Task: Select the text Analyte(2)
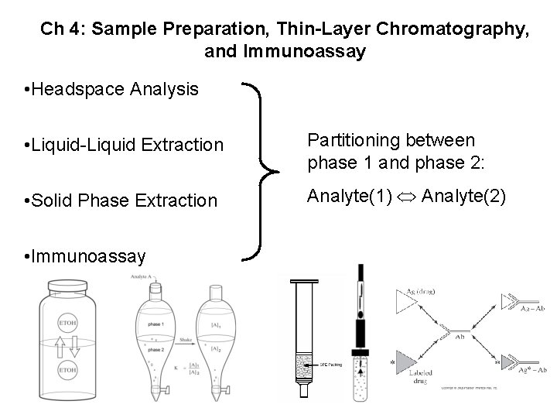coord(463,197)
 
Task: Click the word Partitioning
coord(353,140)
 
